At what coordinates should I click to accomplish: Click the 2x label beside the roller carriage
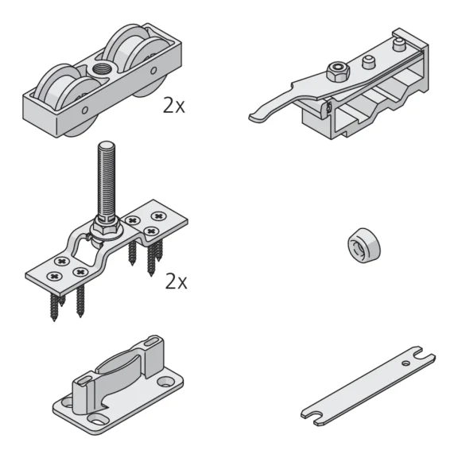click(174, 106)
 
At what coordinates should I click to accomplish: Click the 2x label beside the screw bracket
click(176, 281)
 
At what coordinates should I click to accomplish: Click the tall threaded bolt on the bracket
click(107, 181)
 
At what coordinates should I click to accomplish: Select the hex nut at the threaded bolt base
click(107, 227)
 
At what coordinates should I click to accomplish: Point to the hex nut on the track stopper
click(338, 71)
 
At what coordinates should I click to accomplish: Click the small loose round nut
click(363, 246)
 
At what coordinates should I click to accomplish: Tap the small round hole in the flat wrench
click(406, 363)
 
